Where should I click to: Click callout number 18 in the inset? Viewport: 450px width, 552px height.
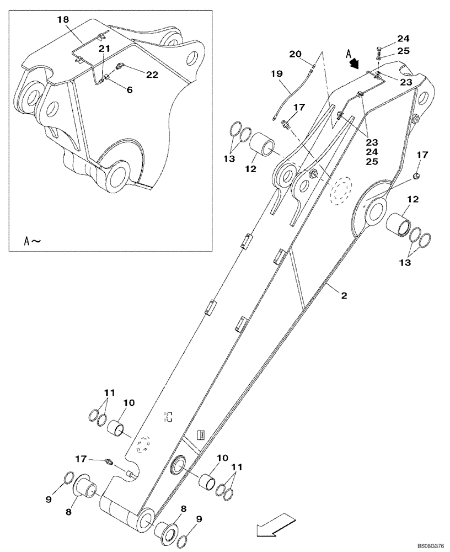63,19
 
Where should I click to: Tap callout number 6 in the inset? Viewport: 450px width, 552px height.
129,89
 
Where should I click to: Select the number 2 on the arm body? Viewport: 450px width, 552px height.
343,296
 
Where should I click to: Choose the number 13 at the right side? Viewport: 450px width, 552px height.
405,263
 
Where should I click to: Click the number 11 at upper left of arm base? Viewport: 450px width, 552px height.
109,392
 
